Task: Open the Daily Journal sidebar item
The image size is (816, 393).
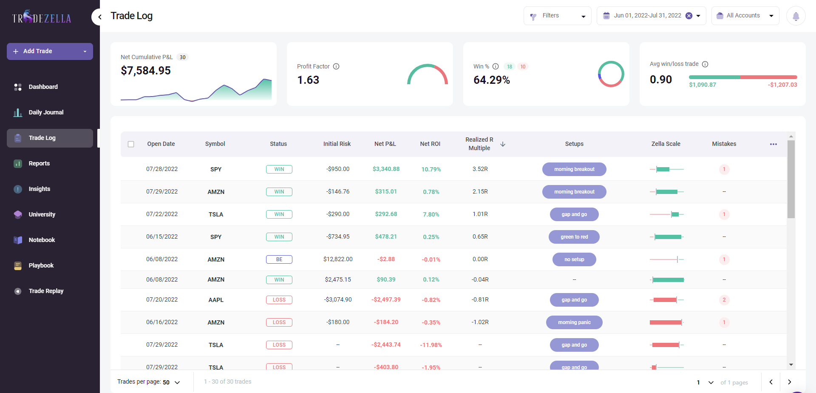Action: [x=46, y=112]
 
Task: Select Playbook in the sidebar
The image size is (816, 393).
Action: [x=41, y=265]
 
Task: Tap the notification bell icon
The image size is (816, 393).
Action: [x=796, y=16]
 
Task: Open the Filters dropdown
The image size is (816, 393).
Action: [x=557, y=16]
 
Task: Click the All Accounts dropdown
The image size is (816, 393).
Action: [x=745, y=16]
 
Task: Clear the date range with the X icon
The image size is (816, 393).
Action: [x=689, y=16]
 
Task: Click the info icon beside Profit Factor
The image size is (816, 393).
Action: [x=336, y=66]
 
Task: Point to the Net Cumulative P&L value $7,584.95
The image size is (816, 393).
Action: [x=146, y=71]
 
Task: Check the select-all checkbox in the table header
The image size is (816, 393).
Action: [x=131, y=144]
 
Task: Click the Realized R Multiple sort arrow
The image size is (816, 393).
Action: [x=503, y=144]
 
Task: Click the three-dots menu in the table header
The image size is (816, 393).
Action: [x=773, y=144]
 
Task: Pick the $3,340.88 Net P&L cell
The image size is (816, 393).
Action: [x=386, y=169]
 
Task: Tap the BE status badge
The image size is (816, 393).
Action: [x=279, y=259]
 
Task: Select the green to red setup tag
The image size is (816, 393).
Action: [x=574, y=237]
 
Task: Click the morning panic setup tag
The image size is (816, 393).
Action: [x=574, y=322]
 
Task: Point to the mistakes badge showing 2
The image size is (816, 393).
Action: [x=724, y=300]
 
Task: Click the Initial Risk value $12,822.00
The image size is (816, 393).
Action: [x=338, y=259]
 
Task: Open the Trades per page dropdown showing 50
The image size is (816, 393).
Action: [x=171, y=382]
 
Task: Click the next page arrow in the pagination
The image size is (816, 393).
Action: [x=789, y=382]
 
